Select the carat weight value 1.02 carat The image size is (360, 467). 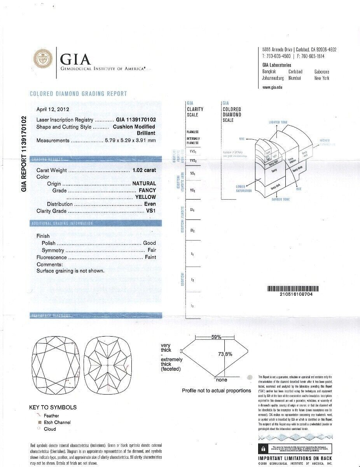click(144, 170)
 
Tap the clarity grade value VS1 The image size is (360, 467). click(151, 211)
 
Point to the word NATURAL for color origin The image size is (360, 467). click(144, 183)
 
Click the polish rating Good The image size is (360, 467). click(150, 243)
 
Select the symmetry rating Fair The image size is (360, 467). click(152, 250)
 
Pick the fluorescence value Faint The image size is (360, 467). click(150, 257)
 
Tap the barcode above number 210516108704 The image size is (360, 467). click(294, 289)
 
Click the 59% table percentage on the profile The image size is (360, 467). click(216, 337)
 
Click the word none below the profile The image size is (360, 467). click(222, 380)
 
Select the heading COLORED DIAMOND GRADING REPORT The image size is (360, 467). click(78, 94)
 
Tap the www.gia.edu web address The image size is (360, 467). click(272, 87)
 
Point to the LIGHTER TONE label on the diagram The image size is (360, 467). click(278, 122)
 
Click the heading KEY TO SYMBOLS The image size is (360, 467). click(53, 407)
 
